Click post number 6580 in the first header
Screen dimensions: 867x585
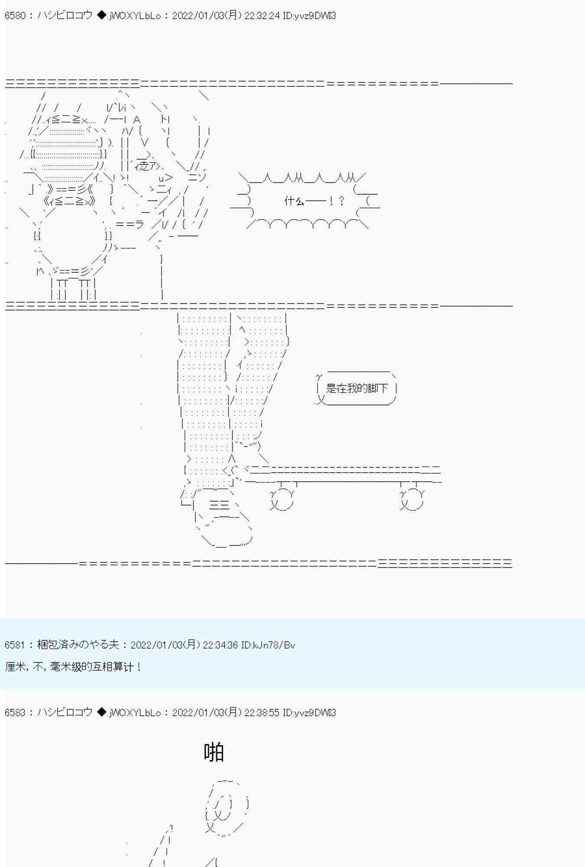click(15, 16)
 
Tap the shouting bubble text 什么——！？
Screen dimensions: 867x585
click(315, 201)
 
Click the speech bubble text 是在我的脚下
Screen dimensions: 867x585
click(357, 388)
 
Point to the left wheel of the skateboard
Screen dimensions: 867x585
click(282, 500)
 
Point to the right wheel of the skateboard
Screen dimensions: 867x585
click(412, 500)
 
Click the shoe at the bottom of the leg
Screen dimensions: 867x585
click(225, 529)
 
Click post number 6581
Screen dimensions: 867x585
click(15, 645)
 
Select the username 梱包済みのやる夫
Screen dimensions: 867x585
click(78, 645)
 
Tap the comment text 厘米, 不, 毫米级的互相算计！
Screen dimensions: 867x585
click(73, 667)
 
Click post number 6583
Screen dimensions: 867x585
click(15, 713)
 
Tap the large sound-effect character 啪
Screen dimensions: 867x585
click(214, 752)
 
